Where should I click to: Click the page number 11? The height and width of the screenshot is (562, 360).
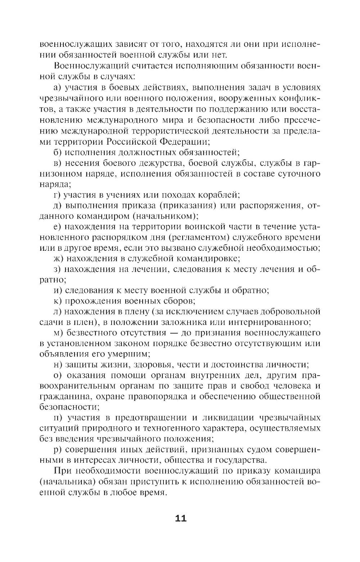point(180,518)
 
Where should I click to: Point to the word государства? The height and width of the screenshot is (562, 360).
point(241,460)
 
